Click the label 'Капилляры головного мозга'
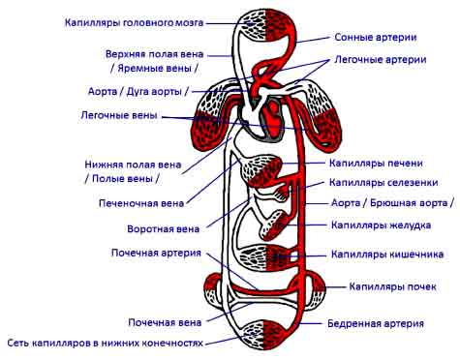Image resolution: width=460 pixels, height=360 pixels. click(x=134, y=23)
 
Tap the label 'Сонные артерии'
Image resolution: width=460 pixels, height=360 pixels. click(x=376, y=37)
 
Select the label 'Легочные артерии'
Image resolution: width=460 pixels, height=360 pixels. click(x=381, y=60)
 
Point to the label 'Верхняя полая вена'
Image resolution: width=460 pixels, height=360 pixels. click(x=154, y=54)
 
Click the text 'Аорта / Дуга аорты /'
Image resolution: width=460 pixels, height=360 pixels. click(x=138, y=91)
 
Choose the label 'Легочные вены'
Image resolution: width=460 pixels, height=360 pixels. click(x=119, y=115)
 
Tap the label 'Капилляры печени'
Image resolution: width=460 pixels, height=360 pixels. click(x=376, y=164)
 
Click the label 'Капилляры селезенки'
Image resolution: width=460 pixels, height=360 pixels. click(x=383, y=183)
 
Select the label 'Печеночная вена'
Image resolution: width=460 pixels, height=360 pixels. click(x=141, y=203)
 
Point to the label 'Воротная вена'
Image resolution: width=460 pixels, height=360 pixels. click(x=164, y=229)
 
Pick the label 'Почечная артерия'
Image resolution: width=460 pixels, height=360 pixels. click(x=156, y=253)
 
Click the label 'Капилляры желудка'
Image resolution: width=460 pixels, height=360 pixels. click(x=381, y=225)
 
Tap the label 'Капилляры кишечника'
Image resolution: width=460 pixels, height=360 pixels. click(x=387, y=255)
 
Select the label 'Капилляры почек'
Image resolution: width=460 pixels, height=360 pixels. click(x=392, y=286)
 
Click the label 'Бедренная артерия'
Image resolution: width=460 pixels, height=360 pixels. click(x=376, y=323)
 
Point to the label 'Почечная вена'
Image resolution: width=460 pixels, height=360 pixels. click(x=165, y=322)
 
